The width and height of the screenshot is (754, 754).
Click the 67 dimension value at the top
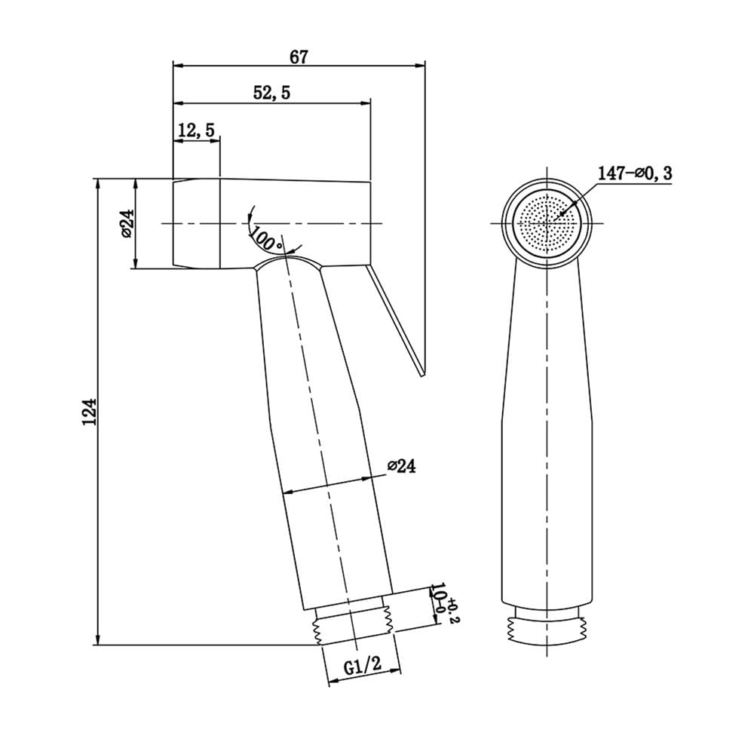(x=298, y=57)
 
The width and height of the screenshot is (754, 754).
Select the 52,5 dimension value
(x=271, y=93)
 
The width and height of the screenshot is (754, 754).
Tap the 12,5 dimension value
(x=196, y=130)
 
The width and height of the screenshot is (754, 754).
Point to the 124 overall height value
(x=90, y=411)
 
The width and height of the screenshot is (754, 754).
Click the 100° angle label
(x=266, y=238)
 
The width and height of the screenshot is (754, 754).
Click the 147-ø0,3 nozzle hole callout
(x=634, y=173)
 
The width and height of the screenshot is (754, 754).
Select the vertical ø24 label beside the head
(x=127, y=224)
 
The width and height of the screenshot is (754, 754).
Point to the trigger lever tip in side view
(x=423, y=374)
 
